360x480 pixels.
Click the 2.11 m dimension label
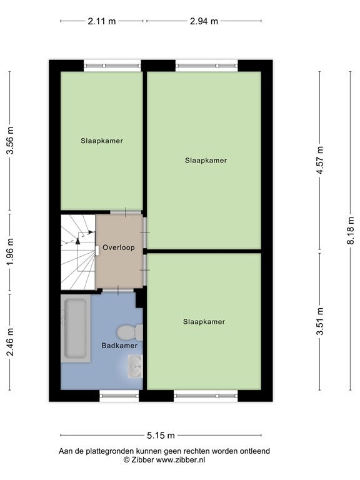tap(102, 21)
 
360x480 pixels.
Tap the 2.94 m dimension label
tap(204, 21)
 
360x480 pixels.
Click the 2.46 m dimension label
tap(11, 342)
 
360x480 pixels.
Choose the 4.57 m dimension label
tap(320, 160)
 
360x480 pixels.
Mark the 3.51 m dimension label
tap(320, 321)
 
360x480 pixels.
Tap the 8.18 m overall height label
tap(351, 231)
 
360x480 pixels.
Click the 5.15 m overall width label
tap(161, 435)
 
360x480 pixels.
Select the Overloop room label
tap(119, 247)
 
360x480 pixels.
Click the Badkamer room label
tap(119, 346)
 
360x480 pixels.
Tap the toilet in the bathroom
tap(130, 332)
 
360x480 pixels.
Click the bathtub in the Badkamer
tap(76, 329)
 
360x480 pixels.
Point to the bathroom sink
tap(135, 366)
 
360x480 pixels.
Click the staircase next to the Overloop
tap(78, 252)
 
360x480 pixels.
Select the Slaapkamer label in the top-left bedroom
tap(102, 141)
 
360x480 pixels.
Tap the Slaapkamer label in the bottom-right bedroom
tap(204, 322)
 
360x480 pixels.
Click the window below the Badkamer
tap(119, 396)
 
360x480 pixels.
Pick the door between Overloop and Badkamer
tap(118, 290)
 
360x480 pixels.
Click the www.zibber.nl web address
tap(181, 459)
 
